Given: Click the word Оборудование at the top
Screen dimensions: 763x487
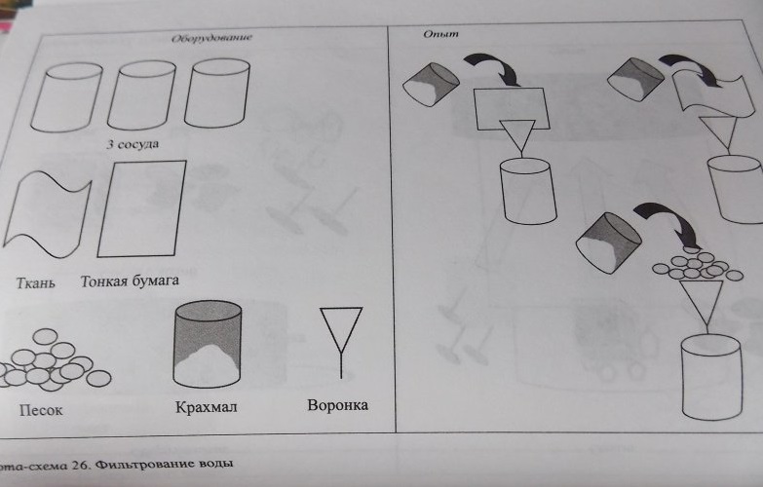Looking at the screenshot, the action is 211,38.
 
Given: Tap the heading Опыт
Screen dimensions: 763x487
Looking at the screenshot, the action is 440,34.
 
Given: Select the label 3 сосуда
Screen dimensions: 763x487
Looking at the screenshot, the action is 133,144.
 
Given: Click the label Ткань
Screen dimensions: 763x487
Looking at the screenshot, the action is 35,283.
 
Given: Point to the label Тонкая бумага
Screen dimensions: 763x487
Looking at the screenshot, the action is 130,281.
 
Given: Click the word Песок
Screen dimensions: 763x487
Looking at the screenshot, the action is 41,410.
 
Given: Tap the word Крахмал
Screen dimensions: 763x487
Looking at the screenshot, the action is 207,407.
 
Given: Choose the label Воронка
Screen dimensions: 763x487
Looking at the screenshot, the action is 338,405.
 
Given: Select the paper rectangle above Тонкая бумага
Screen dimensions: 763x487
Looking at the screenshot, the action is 141,208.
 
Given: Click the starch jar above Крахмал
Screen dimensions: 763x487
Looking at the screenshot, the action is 208,344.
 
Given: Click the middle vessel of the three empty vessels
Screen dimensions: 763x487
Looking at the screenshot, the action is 141,94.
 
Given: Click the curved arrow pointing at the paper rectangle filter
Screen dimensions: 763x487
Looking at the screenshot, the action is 497,68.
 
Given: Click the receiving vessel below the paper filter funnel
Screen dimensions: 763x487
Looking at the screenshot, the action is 528,191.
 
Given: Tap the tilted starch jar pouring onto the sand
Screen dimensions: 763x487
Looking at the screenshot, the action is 609,243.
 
